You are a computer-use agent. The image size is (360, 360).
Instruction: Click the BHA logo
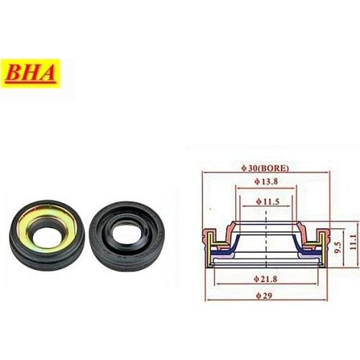pos(30,73)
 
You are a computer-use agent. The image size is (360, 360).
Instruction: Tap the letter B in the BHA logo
pos(16,73)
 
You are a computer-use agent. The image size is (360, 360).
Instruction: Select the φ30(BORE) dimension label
pos(266,168)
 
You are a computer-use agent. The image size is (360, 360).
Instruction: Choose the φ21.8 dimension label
pos(267,278)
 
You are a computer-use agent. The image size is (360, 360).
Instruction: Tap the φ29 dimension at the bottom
pos(267,296)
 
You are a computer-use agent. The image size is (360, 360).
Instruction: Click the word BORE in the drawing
pos(276,168)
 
